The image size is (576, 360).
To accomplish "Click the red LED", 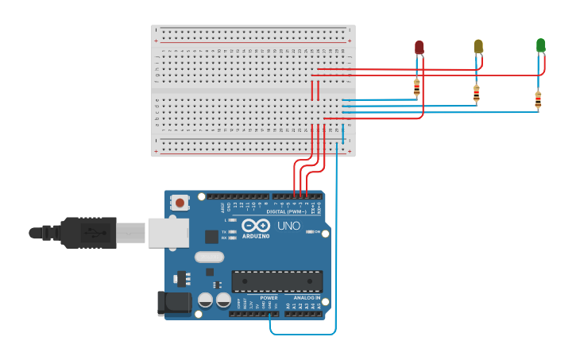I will point(419,48).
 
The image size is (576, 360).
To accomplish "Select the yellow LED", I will point(478,46).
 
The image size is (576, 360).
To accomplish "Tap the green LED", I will point(541,45).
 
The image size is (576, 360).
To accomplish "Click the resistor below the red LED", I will point(416,87).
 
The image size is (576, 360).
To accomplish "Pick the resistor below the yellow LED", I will point(476,94).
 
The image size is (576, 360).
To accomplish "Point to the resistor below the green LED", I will point(538,99).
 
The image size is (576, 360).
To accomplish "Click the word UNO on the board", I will point(288,226).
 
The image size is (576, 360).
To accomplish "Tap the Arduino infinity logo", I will point(256,225).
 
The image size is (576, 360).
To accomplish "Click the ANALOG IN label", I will point(306,298).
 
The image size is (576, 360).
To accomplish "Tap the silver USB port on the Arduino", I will point(168,233).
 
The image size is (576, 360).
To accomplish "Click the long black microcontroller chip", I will point(276,281).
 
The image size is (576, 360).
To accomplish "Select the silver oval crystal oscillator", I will point(209,257).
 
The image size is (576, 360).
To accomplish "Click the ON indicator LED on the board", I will point(309,231).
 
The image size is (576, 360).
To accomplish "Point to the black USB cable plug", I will point(87,232).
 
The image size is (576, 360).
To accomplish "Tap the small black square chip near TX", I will point(211,236).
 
